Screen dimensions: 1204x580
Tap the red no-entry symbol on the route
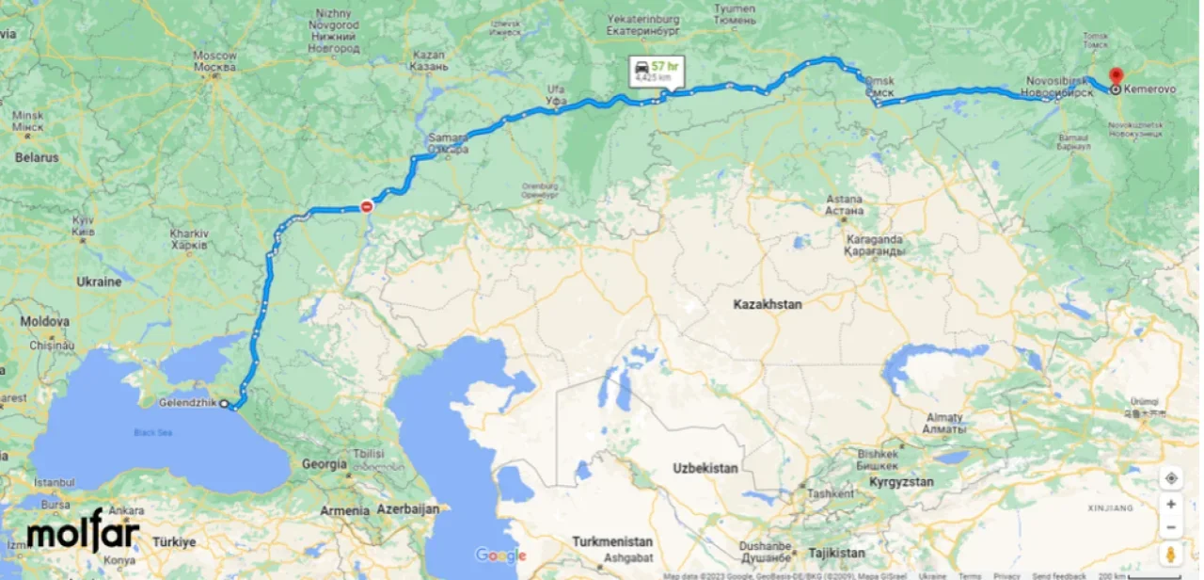(367, 206)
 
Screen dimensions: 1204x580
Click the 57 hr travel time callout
(657, 72)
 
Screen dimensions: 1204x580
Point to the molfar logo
(83, 533)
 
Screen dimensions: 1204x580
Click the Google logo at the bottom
(500, 556)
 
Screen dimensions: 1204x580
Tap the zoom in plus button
(1171, 504)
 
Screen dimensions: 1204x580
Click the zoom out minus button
(1171, 527)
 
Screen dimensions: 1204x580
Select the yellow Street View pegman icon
(1171, 553)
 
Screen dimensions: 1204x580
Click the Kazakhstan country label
(768, 304)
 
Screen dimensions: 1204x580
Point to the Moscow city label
(214, 61)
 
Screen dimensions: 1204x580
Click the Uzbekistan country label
(705, 468)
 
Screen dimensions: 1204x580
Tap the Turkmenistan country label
(612, 541)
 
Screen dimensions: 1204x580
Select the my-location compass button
(1171, 478)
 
